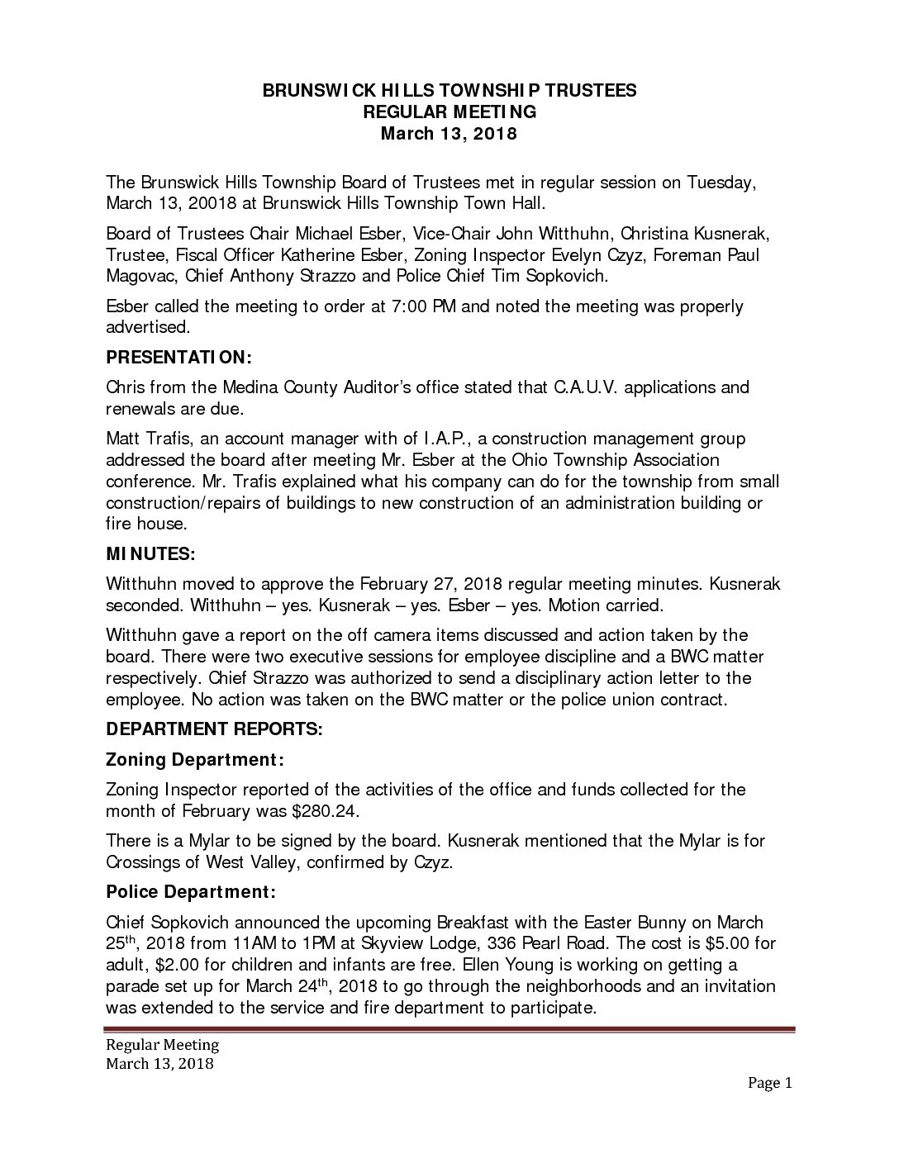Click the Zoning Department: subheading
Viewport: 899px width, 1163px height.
coord(195,759)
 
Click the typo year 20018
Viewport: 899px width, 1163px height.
coord(213,203)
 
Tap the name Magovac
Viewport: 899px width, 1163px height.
coord(140,275)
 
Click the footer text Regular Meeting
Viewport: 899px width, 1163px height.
coord(162,1045)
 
